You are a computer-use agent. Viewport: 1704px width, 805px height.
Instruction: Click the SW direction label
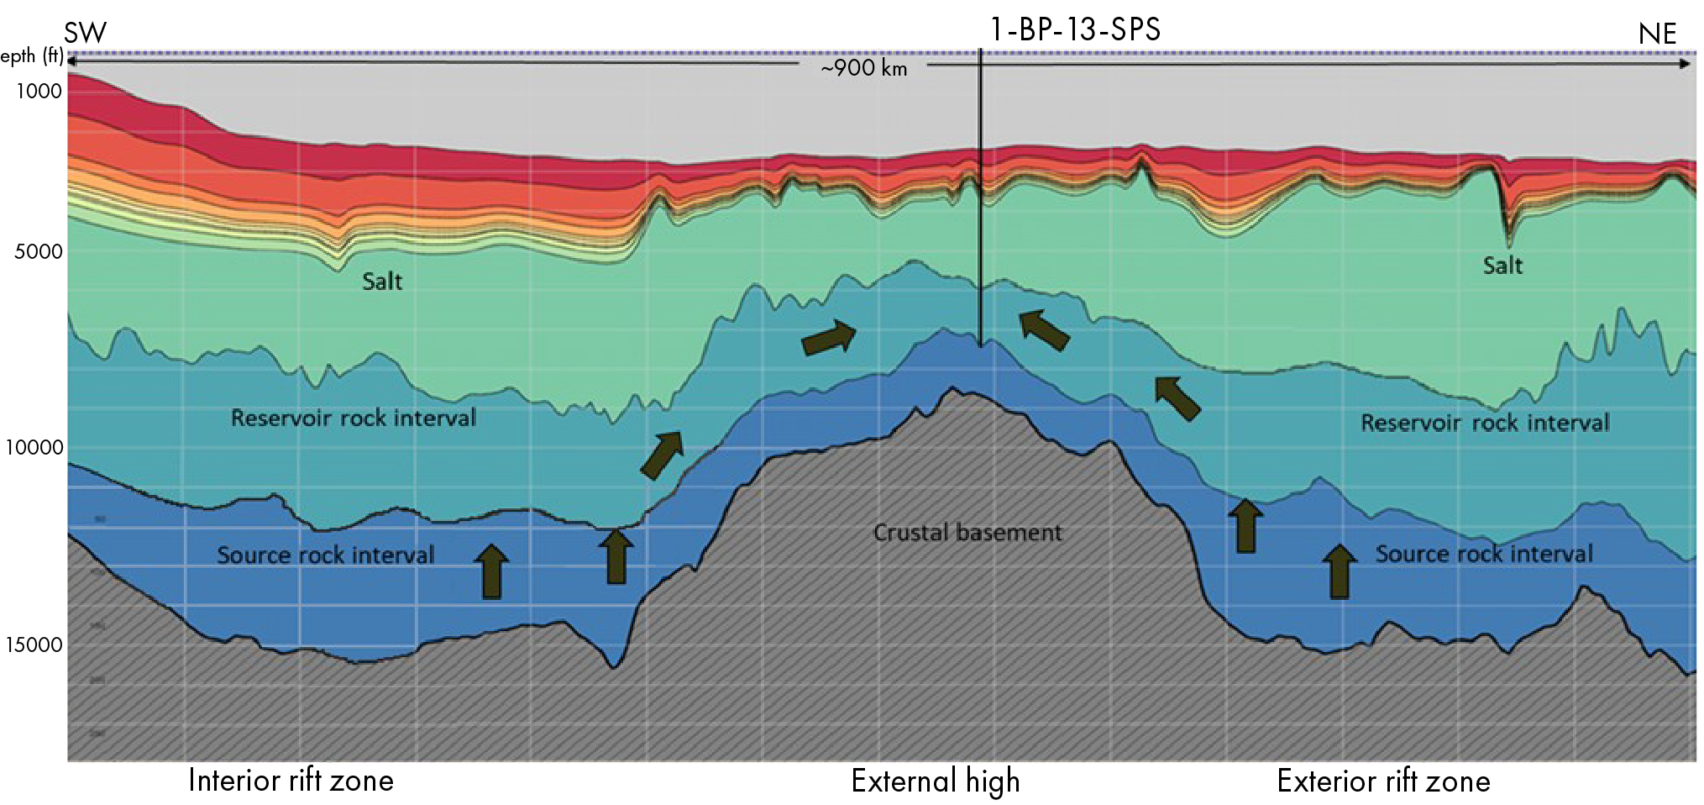point(86,34)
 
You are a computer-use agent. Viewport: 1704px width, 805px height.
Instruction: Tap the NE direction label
point(1657,34)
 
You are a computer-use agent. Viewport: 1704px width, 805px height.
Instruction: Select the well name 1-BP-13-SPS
point(1075,30)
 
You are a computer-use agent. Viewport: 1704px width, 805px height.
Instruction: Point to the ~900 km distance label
point(864,68)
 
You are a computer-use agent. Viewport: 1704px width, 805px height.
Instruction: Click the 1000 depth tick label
point(39,91)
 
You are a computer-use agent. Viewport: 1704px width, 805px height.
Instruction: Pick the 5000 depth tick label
point(39,251)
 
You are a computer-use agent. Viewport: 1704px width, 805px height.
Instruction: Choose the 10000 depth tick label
point(34,447)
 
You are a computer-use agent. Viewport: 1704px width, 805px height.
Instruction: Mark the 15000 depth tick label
point(34,645)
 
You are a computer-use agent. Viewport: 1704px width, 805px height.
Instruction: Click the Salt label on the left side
point(382,281)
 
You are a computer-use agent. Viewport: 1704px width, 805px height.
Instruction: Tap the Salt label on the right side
point(1502,266)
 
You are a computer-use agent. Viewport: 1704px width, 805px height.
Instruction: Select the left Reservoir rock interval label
point(354,418)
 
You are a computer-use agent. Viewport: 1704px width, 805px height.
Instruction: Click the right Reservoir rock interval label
point(1485,423)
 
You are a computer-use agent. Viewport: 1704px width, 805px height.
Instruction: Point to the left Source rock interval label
point(326,555)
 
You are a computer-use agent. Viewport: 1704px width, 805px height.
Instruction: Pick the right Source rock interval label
point(1484,554)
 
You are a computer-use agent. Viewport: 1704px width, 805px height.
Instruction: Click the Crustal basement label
point(967,533)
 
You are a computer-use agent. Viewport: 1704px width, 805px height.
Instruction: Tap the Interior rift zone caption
point(291,781)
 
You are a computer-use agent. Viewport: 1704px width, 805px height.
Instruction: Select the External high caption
point(936,781)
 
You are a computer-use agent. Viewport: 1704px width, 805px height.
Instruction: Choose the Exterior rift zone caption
point(1383,781)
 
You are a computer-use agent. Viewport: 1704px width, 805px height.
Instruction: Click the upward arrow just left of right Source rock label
point(1340,571)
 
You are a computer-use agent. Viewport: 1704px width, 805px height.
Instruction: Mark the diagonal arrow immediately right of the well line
point(1044,329)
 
